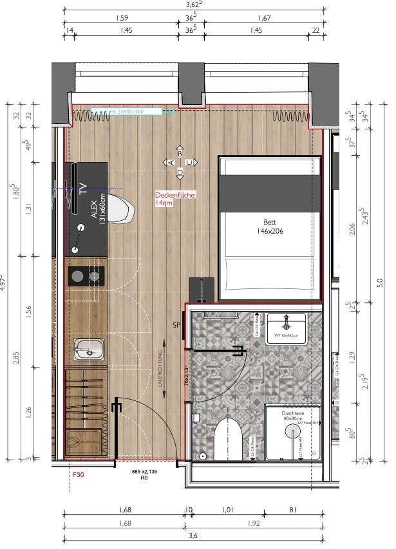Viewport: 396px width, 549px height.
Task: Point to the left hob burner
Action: click(77, 277)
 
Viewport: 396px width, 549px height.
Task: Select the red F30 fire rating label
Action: click(78, 474)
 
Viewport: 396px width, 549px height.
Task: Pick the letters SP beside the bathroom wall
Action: click(176, 326)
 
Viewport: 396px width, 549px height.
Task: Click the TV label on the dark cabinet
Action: click(82, 189)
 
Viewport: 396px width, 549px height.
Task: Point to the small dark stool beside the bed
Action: click(201, 288)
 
